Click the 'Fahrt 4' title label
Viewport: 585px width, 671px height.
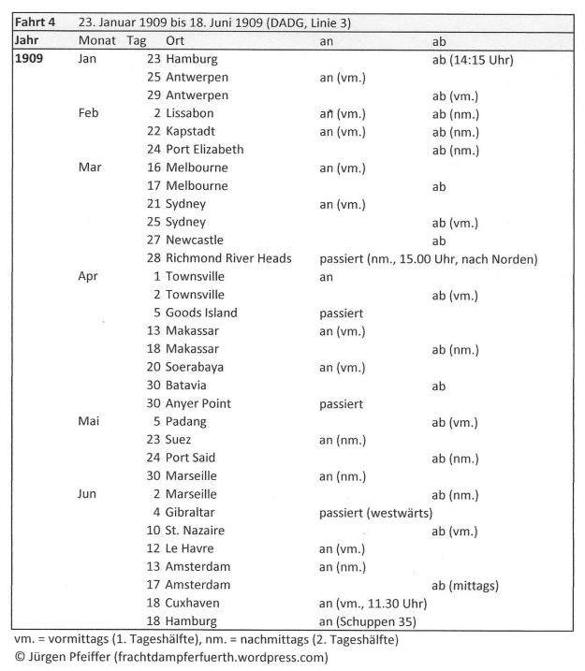[33, 22]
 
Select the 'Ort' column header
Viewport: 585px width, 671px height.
[175, 41]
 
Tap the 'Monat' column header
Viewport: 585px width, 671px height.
[96, 41]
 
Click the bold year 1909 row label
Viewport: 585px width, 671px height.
[32, 59]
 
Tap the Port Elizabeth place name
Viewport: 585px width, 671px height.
[204, 149]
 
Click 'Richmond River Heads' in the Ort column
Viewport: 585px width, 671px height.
[228, 258]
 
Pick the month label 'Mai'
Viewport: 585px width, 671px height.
[89, 421]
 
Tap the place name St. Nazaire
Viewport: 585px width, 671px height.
[197, 531]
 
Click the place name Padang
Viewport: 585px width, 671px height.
[187, 421]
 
